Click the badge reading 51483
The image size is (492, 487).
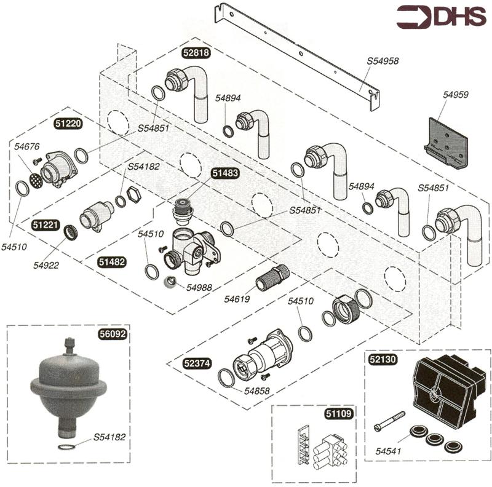(225, 173)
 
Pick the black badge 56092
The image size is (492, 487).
(113, 335)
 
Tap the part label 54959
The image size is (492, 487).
(455, 95)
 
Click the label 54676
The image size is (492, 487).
(27, 146)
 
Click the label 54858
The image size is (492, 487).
(257, 390)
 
